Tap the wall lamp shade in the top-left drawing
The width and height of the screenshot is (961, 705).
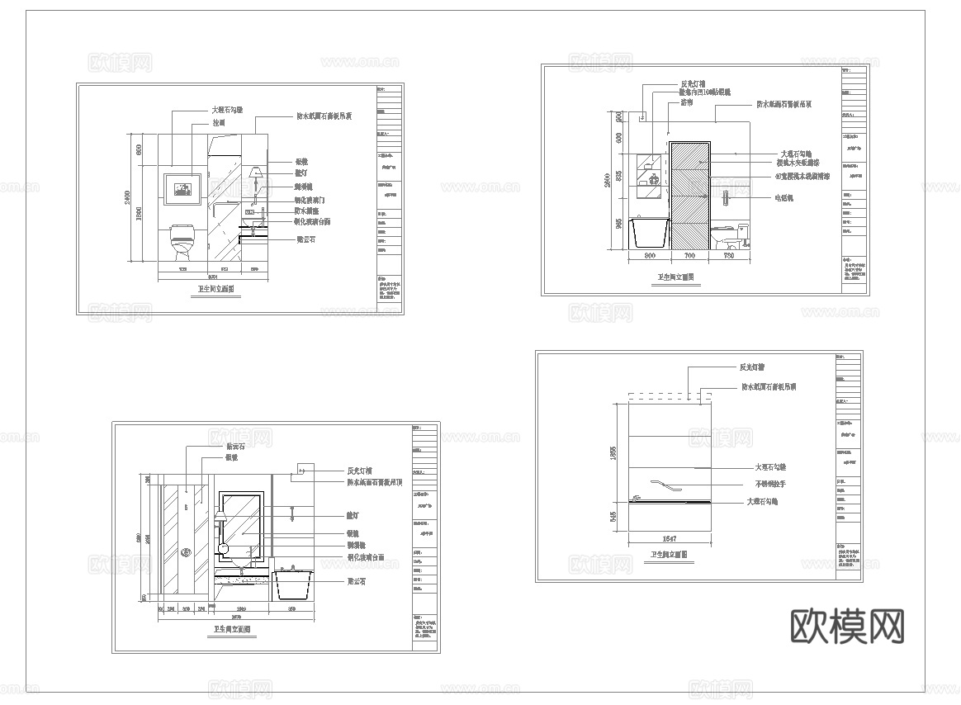point(256,173)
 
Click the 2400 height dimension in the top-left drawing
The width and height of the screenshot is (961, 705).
point(128,197)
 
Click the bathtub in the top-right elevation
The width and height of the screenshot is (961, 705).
point(649,234)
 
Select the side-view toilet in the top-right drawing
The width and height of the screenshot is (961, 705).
point(731,237)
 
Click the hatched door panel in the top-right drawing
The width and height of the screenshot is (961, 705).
point(690,195)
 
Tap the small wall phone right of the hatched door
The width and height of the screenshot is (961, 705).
point(725,197)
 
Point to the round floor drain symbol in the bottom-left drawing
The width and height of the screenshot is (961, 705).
point(186,553)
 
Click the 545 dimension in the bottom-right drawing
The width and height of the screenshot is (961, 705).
point(613,516)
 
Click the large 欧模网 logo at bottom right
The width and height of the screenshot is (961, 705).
point(847,627)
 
